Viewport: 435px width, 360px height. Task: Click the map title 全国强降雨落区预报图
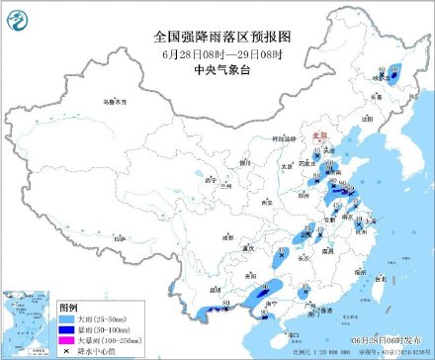pyautogui.click(x=217, y=35)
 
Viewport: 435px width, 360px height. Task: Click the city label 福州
pyautogui.click(x=355, y=267)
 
